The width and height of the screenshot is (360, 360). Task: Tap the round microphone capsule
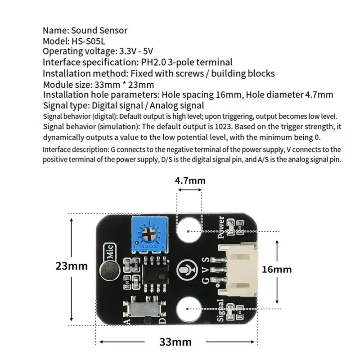110,271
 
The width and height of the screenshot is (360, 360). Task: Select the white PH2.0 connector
238,269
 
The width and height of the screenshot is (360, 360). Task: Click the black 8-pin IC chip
155,274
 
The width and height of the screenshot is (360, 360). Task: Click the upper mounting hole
189,231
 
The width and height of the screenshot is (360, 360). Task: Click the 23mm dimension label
72,266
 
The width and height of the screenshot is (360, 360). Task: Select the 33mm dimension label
175,342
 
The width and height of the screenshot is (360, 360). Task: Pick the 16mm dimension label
277,269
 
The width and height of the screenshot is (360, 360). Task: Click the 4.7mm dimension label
190,181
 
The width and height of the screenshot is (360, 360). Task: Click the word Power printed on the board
221,227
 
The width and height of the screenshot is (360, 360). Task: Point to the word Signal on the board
220,310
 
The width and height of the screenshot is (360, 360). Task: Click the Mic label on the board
110,252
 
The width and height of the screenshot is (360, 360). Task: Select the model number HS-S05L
88,41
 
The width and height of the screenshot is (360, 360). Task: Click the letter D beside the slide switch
162,320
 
